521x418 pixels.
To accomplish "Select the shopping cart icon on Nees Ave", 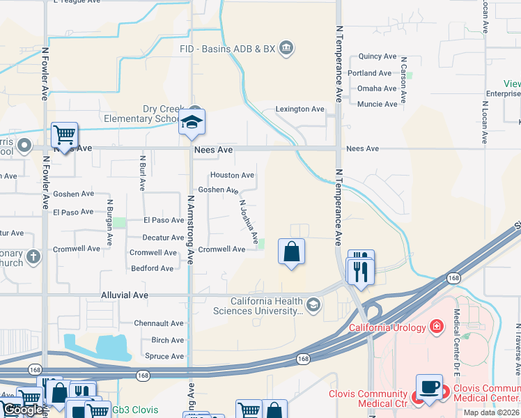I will (x=64, y=134).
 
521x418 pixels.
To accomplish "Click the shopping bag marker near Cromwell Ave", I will (x=291, y=251).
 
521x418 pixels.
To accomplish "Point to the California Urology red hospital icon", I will (x=437, y=326).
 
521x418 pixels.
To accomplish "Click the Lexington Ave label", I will (x=300, y=109).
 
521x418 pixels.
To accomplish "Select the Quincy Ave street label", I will (x=377, y=57).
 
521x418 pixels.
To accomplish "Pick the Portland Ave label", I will (x=370, y=73).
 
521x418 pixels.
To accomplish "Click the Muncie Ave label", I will (x=377, y=104).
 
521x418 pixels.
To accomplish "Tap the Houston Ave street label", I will (x=232, y=176).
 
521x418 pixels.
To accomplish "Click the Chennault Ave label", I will (x=158, y=323).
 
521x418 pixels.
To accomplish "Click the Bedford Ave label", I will (x=153, y=268).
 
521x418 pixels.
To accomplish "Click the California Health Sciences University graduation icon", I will (x=314, y=304).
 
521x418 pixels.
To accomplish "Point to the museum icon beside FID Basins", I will (x=286, y=48).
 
